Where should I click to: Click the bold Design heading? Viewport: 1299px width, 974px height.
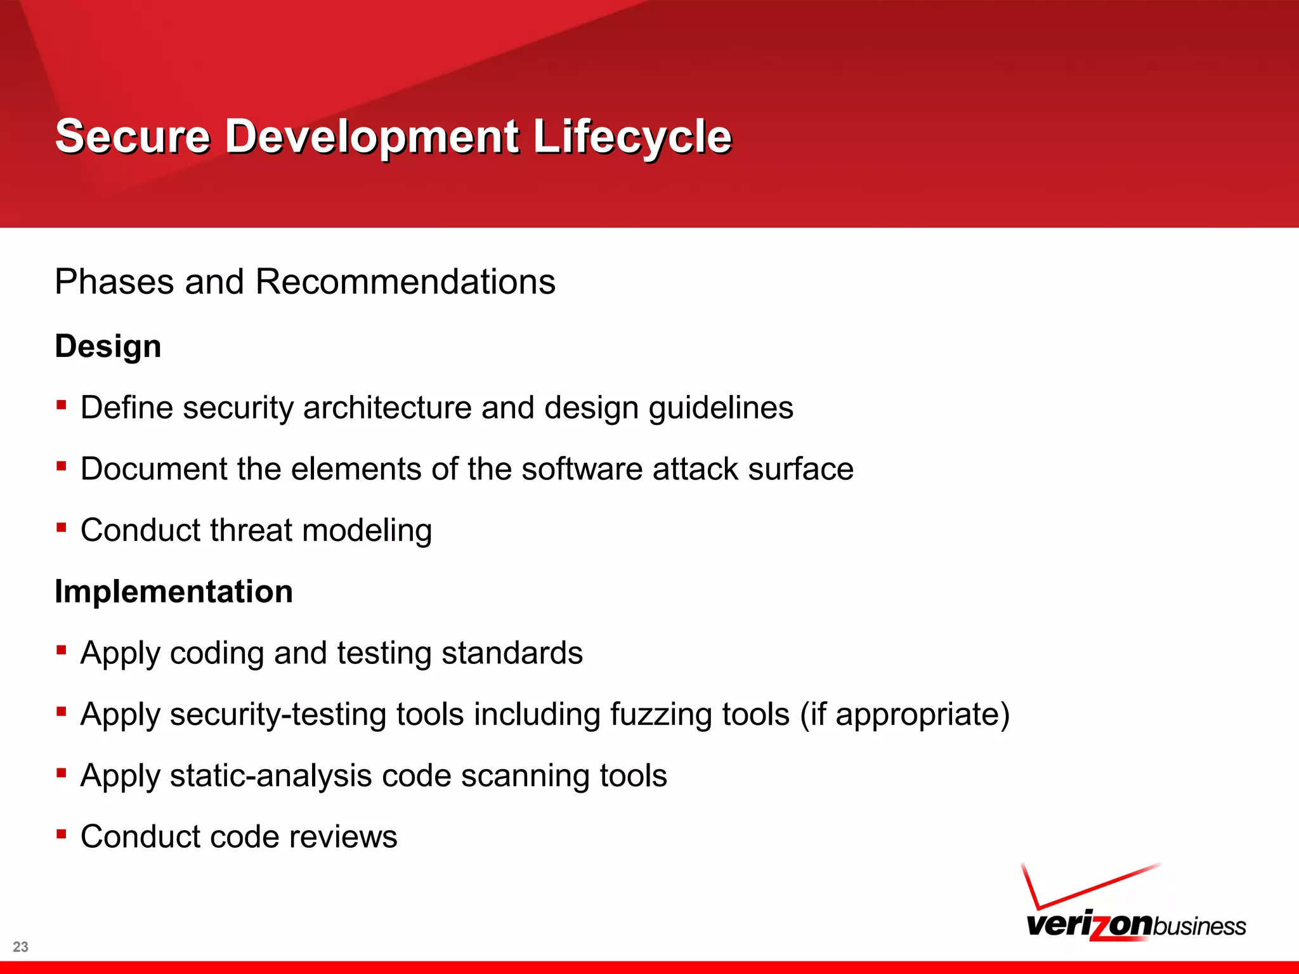(x=108, y=346)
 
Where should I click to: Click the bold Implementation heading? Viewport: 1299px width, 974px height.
(x=174, y=592)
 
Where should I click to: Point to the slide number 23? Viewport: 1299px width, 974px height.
(x=20, y=947)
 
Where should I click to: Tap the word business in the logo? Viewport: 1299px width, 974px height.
(x=1199, y=926)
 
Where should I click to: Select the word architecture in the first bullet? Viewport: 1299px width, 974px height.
(x=387, y=408)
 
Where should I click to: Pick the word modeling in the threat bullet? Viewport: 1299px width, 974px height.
(x=367, y=531)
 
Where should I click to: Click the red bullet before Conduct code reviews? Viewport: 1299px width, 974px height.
(x=62, y=834)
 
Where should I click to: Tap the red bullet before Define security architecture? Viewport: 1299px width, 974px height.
(x=62, y=405)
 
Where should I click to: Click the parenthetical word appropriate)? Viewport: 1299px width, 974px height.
(x=922, y=715)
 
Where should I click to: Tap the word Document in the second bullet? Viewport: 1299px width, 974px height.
(x=154, y=469)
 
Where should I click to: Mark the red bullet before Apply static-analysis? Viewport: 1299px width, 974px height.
(x=62, y=772)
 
